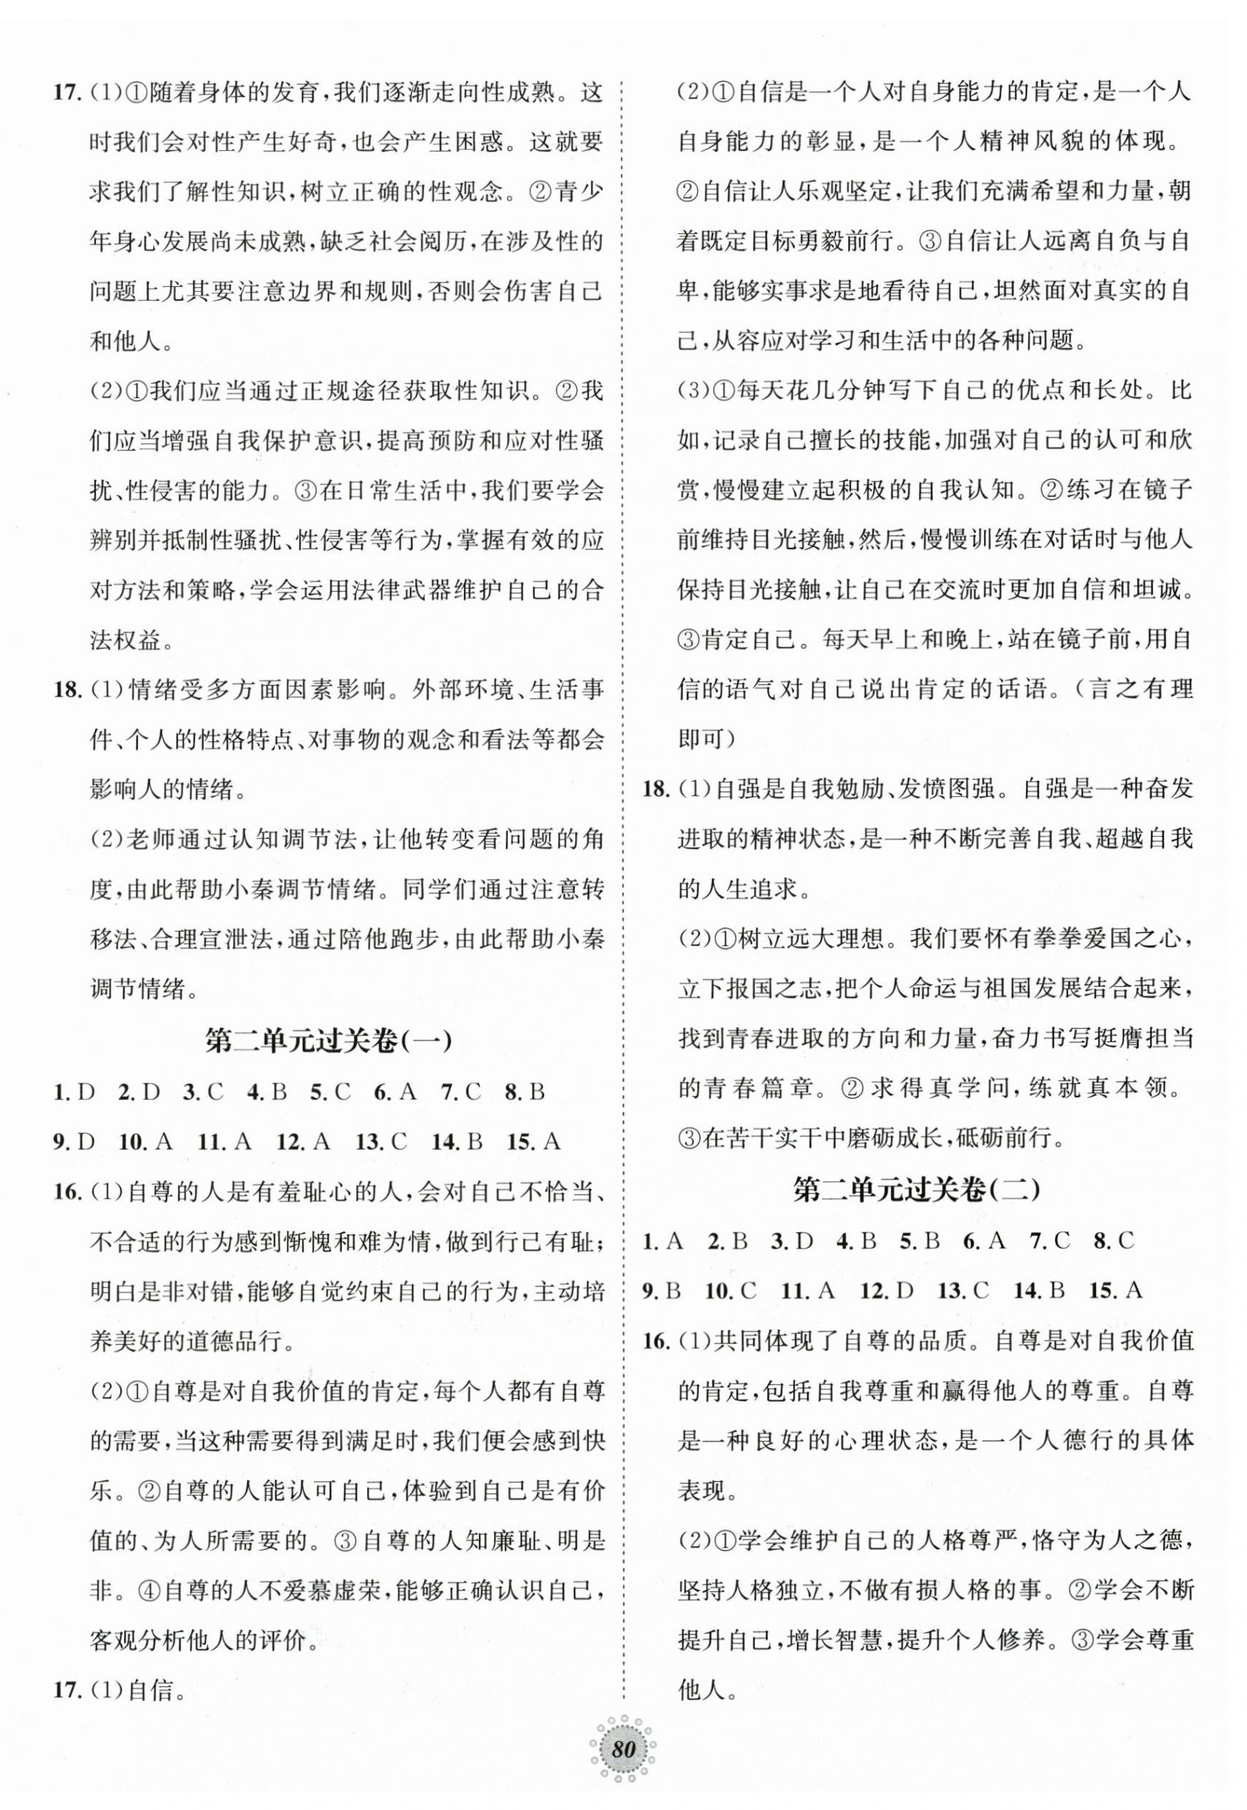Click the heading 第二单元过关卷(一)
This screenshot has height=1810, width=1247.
point(328,1042)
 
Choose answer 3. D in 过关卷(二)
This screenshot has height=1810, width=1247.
point(793,1240)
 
